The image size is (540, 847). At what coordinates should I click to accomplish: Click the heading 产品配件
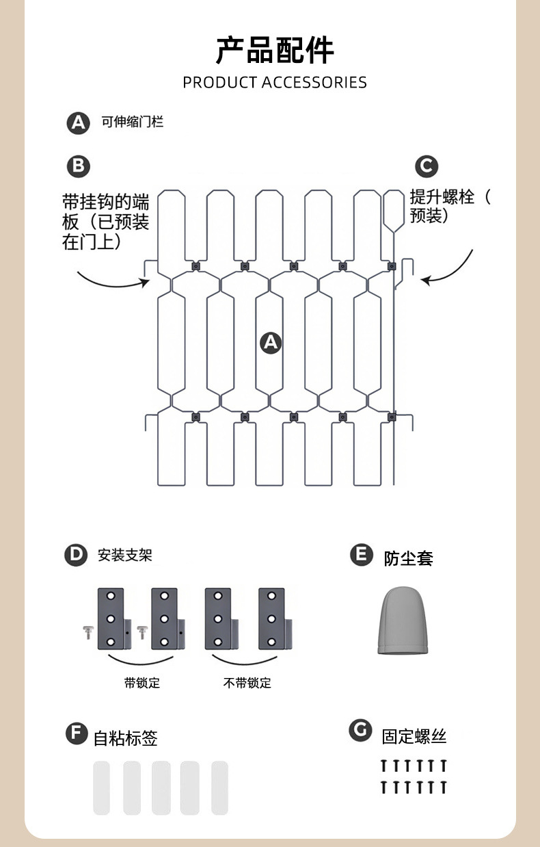click(x=275, y=51)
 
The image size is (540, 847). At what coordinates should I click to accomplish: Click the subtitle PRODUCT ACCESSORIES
click(x=275, y=82)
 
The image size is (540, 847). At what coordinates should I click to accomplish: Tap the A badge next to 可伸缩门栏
click(x=78, y=123)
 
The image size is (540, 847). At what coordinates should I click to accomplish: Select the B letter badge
click(x=78, y=166)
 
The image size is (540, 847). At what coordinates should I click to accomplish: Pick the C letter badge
click(x=427, y=166)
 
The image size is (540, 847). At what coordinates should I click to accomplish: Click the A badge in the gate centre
click(x=271, y=343)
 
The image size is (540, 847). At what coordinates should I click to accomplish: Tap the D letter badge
click(x=76, y=555)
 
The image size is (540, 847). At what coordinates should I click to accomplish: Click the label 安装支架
click(x=124, y=555)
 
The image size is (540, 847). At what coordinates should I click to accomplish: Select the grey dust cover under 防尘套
click(x=403, y=620)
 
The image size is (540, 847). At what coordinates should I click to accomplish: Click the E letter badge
click(x=362, y=555)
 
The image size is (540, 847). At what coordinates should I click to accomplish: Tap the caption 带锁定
click(x=142, y=683)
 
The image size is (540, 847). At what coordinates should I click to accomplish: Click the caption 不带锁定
click(x=247, y=683)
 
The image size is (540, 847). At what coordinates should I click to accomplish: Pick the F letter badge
click(x=77, y=733)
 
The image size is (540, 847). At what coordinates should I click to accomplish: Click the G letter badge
click(x=360, y=730)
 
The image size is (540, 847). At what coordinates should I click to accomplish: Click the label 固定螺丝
click(x=414, y=737)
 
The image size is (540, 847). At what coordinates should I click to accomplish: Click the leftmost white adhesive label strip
click(x=102, y=787)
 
